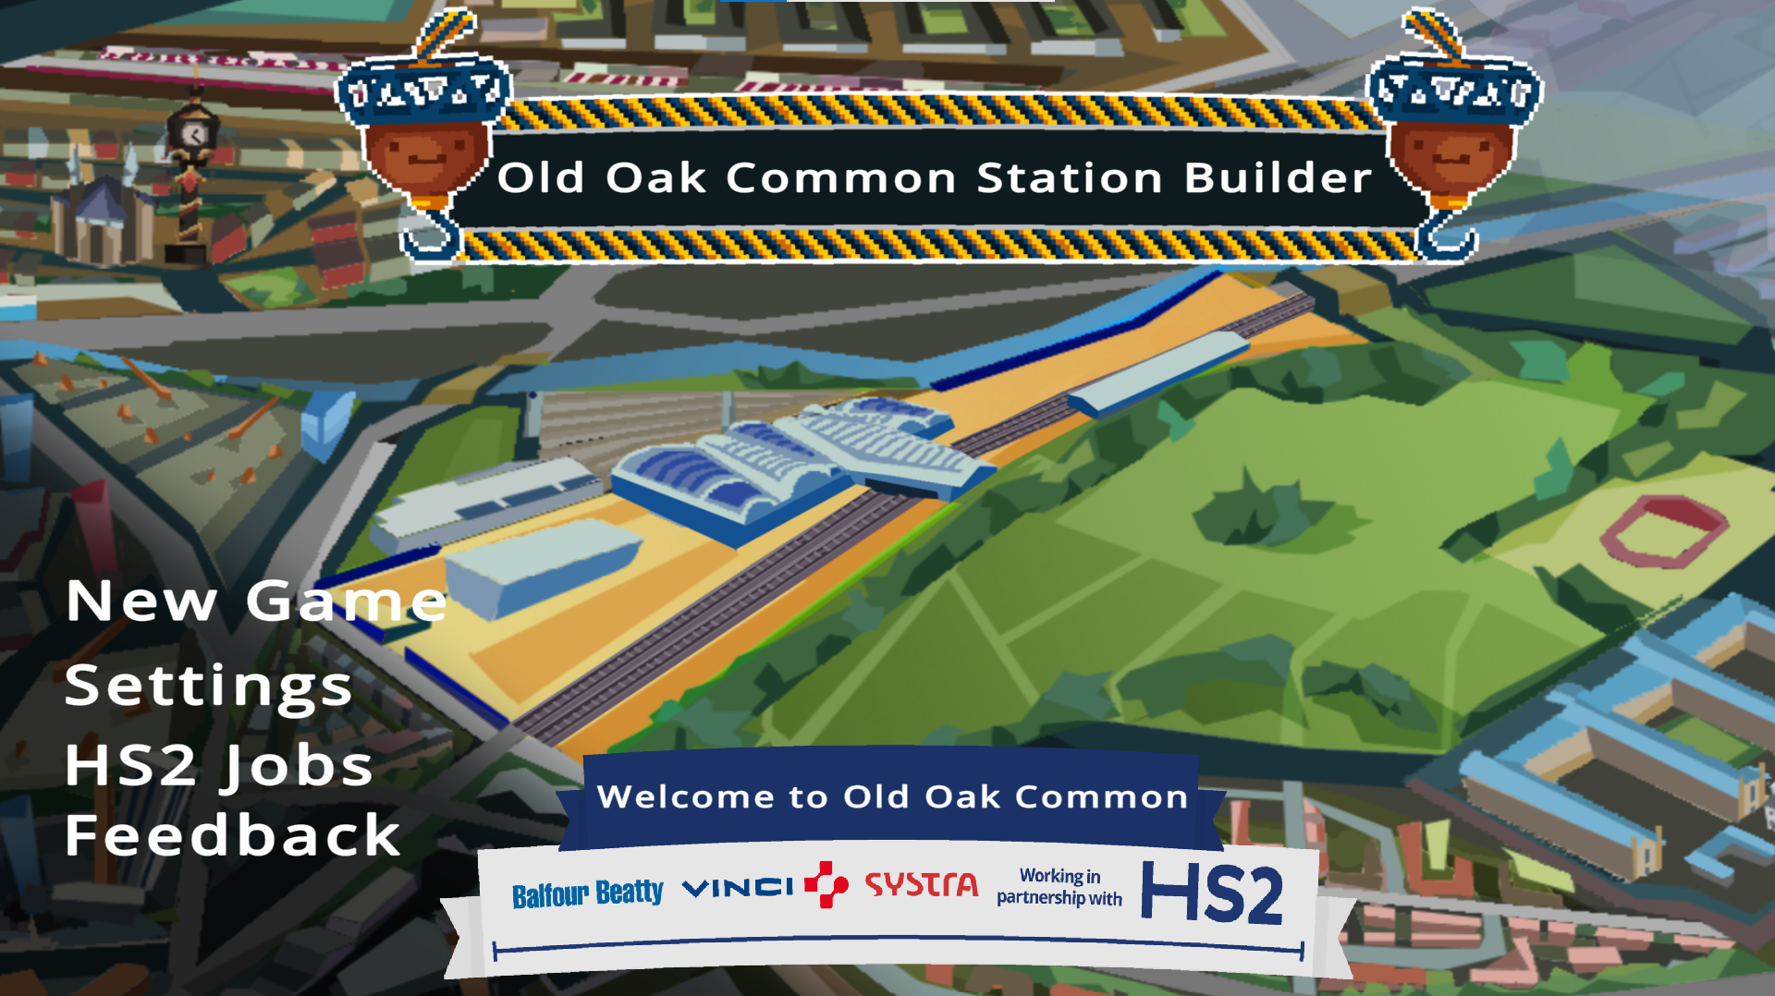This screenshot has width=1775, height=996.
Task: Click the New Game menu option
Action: (x=256, y=601)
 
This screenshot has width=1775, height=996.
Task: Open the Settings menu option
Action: (x=209, y=686)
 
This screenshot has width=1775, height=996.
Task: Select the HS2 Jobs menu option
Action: (x=218, y=766)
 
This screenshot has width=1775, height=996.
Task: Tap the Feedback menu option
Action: (x=232, y=834)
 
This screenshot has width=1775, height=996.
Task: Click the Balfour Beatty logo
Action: (x=588, y=893)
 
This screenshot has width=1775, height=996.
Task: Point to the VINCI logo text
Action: (x=738, y=888)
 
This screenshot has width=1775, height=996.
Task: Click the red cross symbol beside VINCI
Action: (x=826, y=884)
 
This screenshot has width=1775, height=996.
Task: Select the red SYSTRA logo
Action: (x=921, y=885)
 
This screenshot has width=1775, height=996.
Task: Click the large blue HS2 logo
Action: (x=1212, y=893)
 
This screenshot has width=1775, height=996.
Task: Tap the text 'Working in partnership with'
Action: (x=1059, y=886)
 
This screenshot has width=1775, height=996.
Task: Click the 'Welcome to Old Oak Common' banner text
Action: (x=892, y=796)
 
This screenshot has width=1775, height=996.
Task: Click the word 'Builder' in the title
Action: (x=1279, y=177)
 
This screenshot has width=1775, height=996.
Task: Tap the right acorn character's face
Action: (x=1451, y=154)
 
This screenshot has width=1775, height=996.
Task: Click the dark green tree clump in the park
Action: (x=1262, y=511)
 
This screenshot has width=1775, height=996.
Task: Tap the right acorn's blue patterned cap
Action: (x=1455, y=90)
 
